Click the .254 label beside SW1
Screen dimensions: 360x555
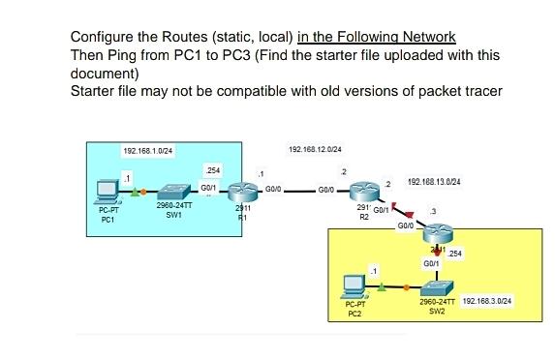[x=210, y=170]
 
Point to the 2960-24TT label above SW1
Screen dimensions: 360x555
[x=172, y=206]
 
